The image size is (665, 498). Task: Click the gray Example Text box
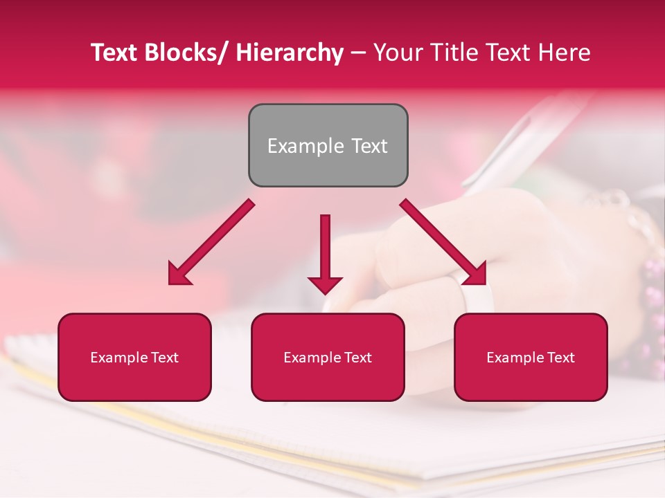[328, 145]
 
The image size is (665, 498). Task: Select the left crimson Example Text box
[134, 357]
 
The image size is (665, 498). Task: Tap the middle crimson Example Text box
[328, 357]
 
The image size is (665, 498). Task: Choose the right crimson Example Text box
[531, 357]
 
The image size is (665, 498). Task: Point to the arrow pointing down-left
[211, 242]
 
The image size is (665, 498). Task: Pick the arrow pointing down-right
[443, 242]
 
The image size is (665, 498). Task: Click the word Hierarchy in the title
[290, 53]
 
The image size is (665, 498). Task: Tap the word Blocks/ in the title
[188, 53]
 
